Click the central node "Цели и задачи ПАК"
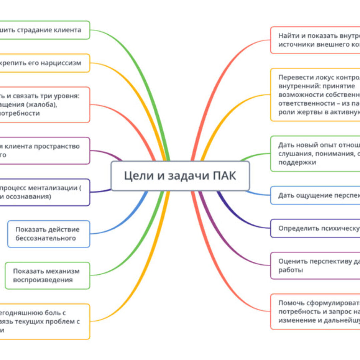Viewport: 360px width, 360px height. pos(180,176)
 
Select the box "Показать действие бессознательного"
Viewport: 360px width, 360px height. pos(49,234)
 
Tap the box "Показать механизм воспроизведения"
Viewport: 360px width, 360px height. pos(47,275)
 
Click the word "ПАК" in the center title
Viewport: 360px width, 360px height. pos(224,176)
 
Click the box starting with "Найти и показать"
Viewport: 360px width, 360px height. pos(315,40)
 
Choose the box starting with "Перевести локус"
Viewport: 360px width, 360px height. pos(315,95)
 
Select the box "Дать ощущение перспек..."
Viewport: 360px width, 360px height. pos(315,195)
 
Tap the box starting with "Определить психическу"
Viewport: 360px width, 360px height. pos(315,228)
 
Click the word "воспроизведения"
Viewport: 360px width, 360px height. pos(43,280)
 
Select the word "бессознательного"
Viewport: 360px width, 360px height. pos(46,238)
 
